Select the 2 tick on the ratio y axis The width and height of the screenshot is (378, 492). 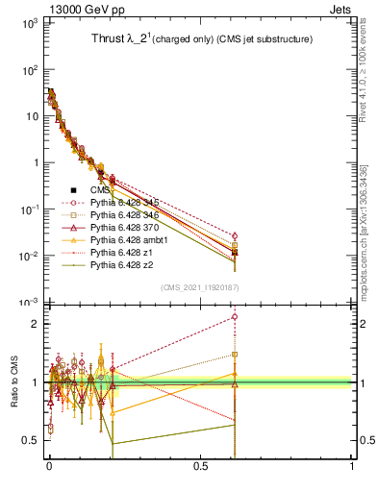coord(35,324)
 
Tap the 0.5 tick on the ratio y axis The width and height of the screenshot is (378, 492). coord(31,440)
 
